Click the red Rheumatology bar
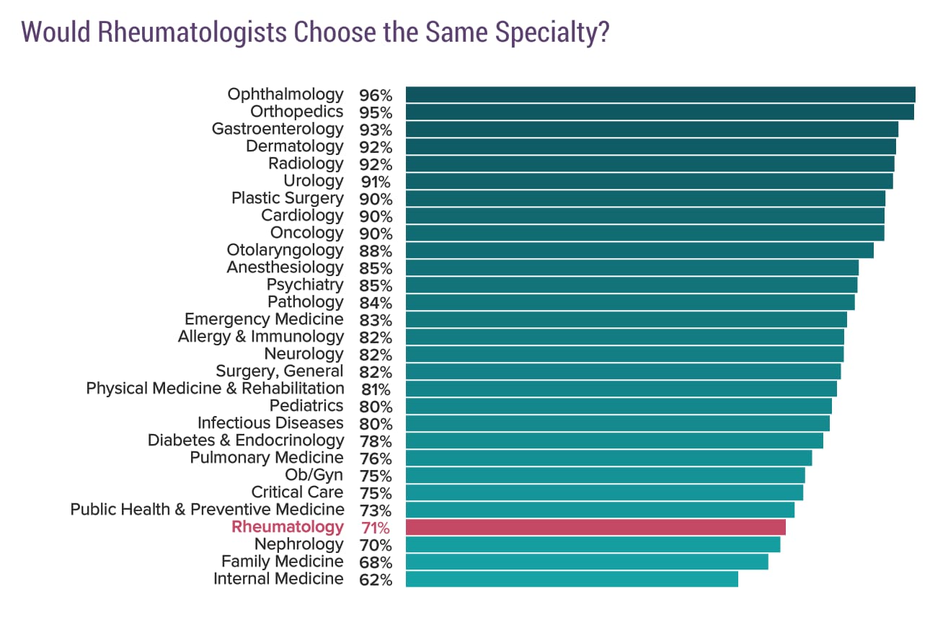[595, 527]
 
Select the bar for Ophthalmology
[660, 94]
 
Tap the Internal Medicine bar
[572, 579]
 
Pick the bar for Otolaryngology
[639, 250]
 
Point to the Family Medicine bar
[587, 562]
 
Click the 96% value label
[376, 95]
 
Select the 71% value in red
[376, 528]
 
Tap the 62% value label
[376, 580]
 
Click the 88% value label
[376, 251]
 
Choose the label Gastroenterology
[278, 129]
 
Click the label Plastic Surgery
[287, 198]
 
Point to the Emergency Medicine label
[264, 319]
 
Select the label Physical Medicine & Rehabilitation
[215, 389]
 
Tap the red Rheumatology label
[288, 527]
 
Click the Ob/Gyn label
[314, 475]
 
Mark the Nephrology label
[298, 544]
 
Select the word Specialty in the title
[545, 33]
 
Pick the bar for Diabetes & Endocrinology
[614, 441]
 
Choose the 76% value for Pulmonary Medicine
[376, 459]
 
